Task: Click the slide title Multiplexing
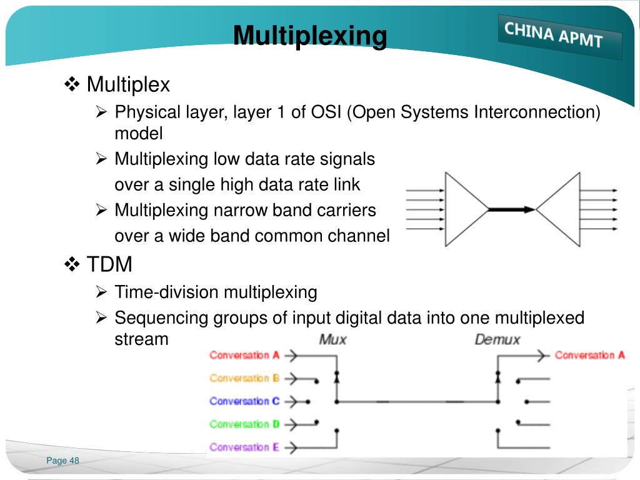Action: coord(310,36)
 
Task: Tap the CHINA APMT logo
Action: coord(554,35)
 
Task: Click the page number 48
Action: coord(74,461)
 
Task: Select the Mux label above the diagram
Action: coord(332,340)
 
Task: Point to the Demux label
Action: coord(497,340)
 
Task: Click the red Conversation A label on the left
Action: coord(244,355)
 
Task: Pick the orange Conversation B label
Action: coord(244,378)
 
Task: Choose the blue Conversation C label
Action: coord(244,401)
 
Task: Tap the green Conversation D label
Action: coord(244,424)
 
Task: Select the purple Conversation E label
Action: coord(244,447)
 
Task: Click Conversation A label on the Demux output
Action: coord(589,355)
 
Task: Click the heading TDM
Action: coord(109,264)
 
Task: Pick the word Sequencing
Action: coord(161,318)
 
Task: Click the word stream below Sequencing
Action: coord(141,339)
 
